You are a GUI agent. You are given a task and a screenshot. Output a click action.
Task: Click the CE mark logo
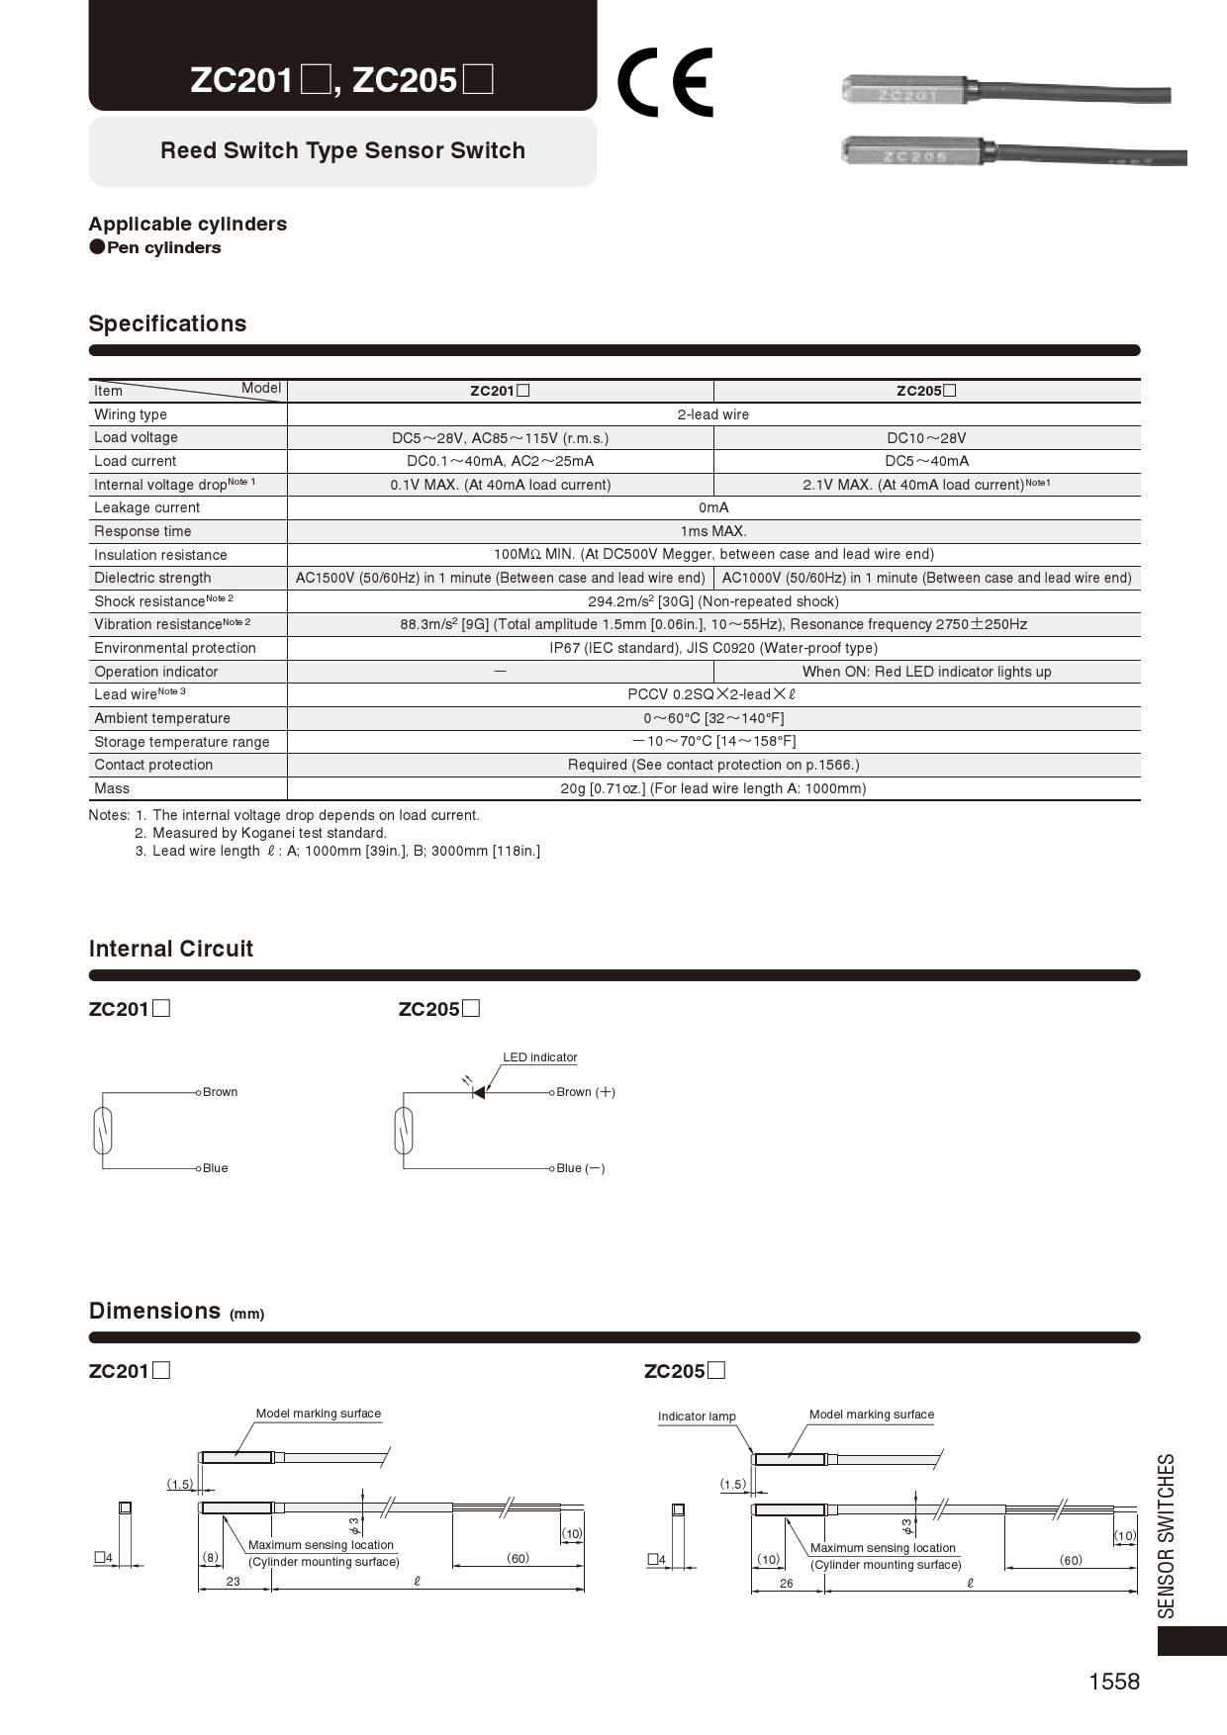[x=664, y=82]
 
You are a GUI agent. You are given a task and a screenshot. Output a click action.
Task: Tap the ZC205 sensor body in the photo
[x=911, y=152]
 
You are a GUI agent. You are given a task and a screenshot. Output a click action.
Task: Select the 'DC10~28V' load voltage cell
[x=926, y=438]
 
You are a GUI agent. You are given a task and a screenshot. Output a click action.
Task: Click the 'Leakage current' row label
[x=146, y=508]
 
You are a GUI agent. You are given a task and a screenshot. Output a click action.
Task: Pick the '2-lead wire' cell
[x=712, y=414]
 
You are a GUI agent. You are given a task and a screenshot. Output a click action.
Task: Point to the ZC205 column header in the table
[x=926, y=391]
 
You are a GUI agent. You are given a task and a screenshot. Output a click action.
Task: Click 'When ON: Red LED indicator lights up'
[x=926, y=672]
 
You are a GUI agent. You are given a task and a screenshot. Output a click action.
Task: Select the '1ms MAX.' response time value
[x=712, y=531]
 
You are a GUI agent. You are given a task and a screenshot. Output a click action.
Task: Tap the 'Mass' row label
[x=112, y=788]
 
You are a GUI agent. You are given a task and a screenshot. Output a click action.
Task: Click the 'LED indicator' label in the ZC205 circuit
[x=539, y=1057]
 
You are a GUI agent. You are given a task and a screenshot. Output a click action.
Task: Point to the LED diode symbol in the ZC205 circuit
[x=478, y=1092]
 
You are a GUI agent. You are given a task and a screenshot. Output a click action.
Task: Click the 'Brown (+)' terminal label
[x=585, y=1092]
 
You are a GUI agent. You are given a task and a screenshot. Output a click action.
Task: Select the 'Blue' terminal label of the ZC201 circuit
[x=215, y=1168]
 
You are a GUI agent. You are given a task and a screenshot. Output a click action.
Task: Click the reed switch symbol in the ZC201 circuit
[x=102, y=1131]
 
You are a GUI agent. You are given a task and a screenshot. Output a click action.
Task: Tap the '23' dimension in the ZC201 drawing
[x=233, y=1582]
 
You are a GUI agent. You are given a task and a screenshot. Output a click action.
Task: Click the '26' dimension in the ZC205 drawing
[x=787, y=1584]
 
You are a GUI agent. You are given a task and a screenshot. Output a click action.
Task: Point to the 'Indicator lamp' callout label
[x=697, y=1416]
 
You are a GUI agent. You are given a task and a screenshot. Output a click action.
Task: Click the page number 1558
[x=1114, y=1682]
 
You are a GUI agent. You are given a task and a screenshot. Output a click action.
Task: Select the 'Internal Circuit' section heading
[x=171, y=950]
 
